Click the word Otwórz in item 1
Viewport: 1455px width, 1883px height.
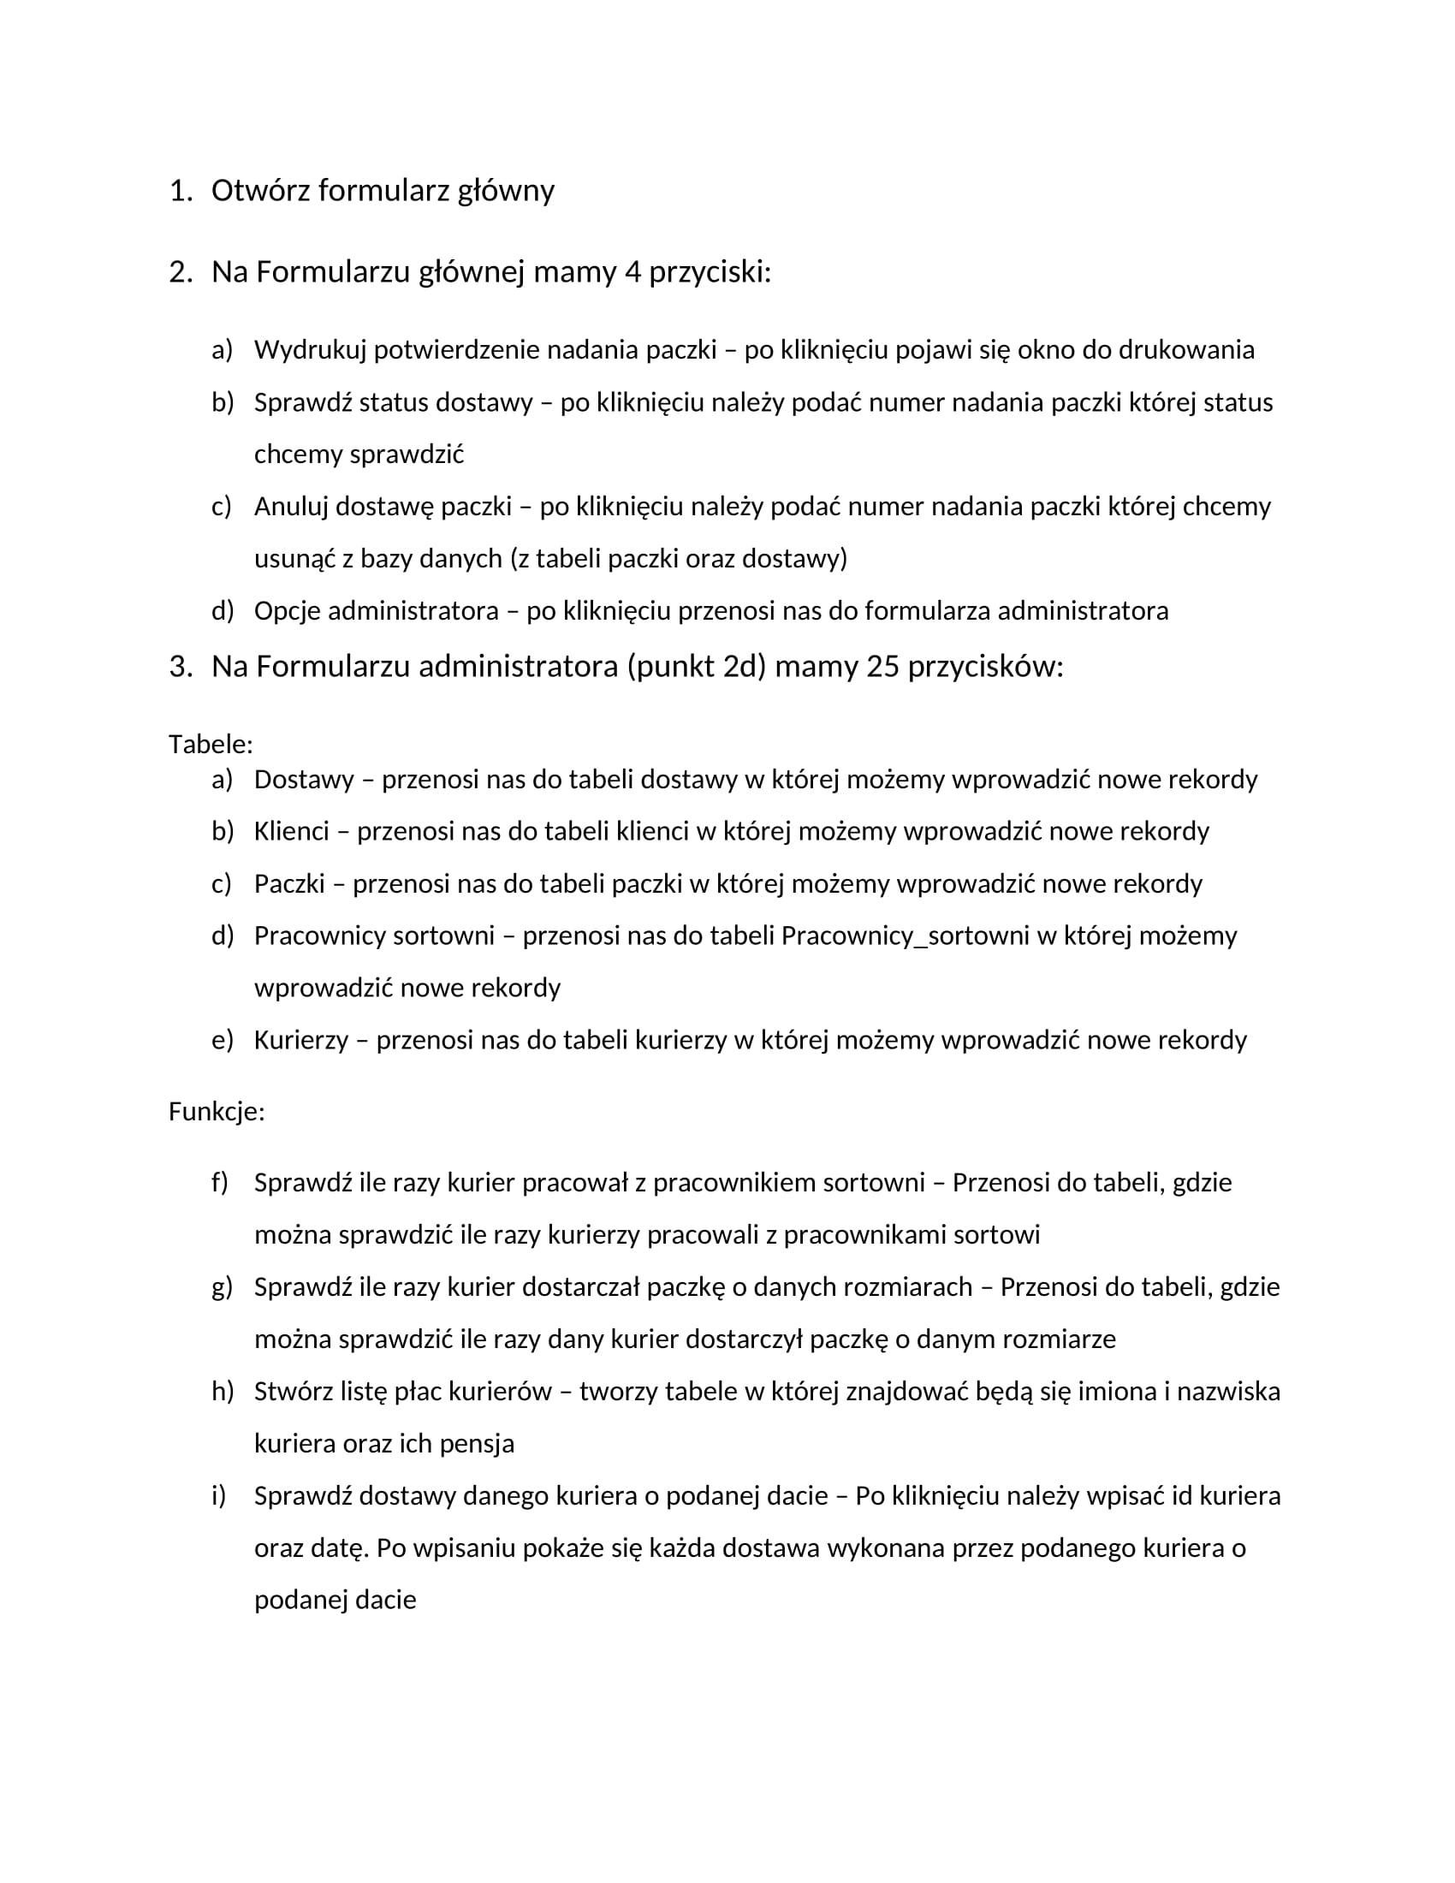tap(260, 191)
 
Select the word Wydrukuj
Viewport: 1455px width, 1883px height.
tap(310, 350)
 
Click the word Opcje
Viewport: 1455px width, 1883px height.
tap(287, 610)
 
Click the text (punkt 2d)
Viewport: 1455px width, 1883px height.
tap(697, 667)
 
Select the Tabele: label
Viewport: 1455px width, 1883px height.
tap(211, 744)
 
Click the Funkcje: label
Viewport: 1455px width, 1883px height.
tap(217, 1112)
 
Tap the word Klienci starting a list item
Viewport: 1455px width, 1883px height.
tap(291, 831)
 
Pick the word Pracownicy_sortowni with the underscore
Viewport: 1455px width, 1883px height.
tap(905, 936)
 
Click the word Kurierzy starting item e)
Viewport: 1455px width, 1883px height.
tap(300, 1040)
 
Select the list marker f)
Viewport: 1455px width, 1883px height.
tap(220, 1182)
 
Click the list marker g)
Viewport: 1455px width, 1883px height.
tap(222, 1287)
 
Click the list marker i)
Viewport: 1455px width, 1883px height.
tap(219, 1496)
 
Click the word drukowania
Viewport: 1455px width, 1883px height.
tap(1186, 350)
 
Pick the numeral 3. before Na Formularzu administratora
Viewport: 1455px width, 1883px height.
tap(180, 667)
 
